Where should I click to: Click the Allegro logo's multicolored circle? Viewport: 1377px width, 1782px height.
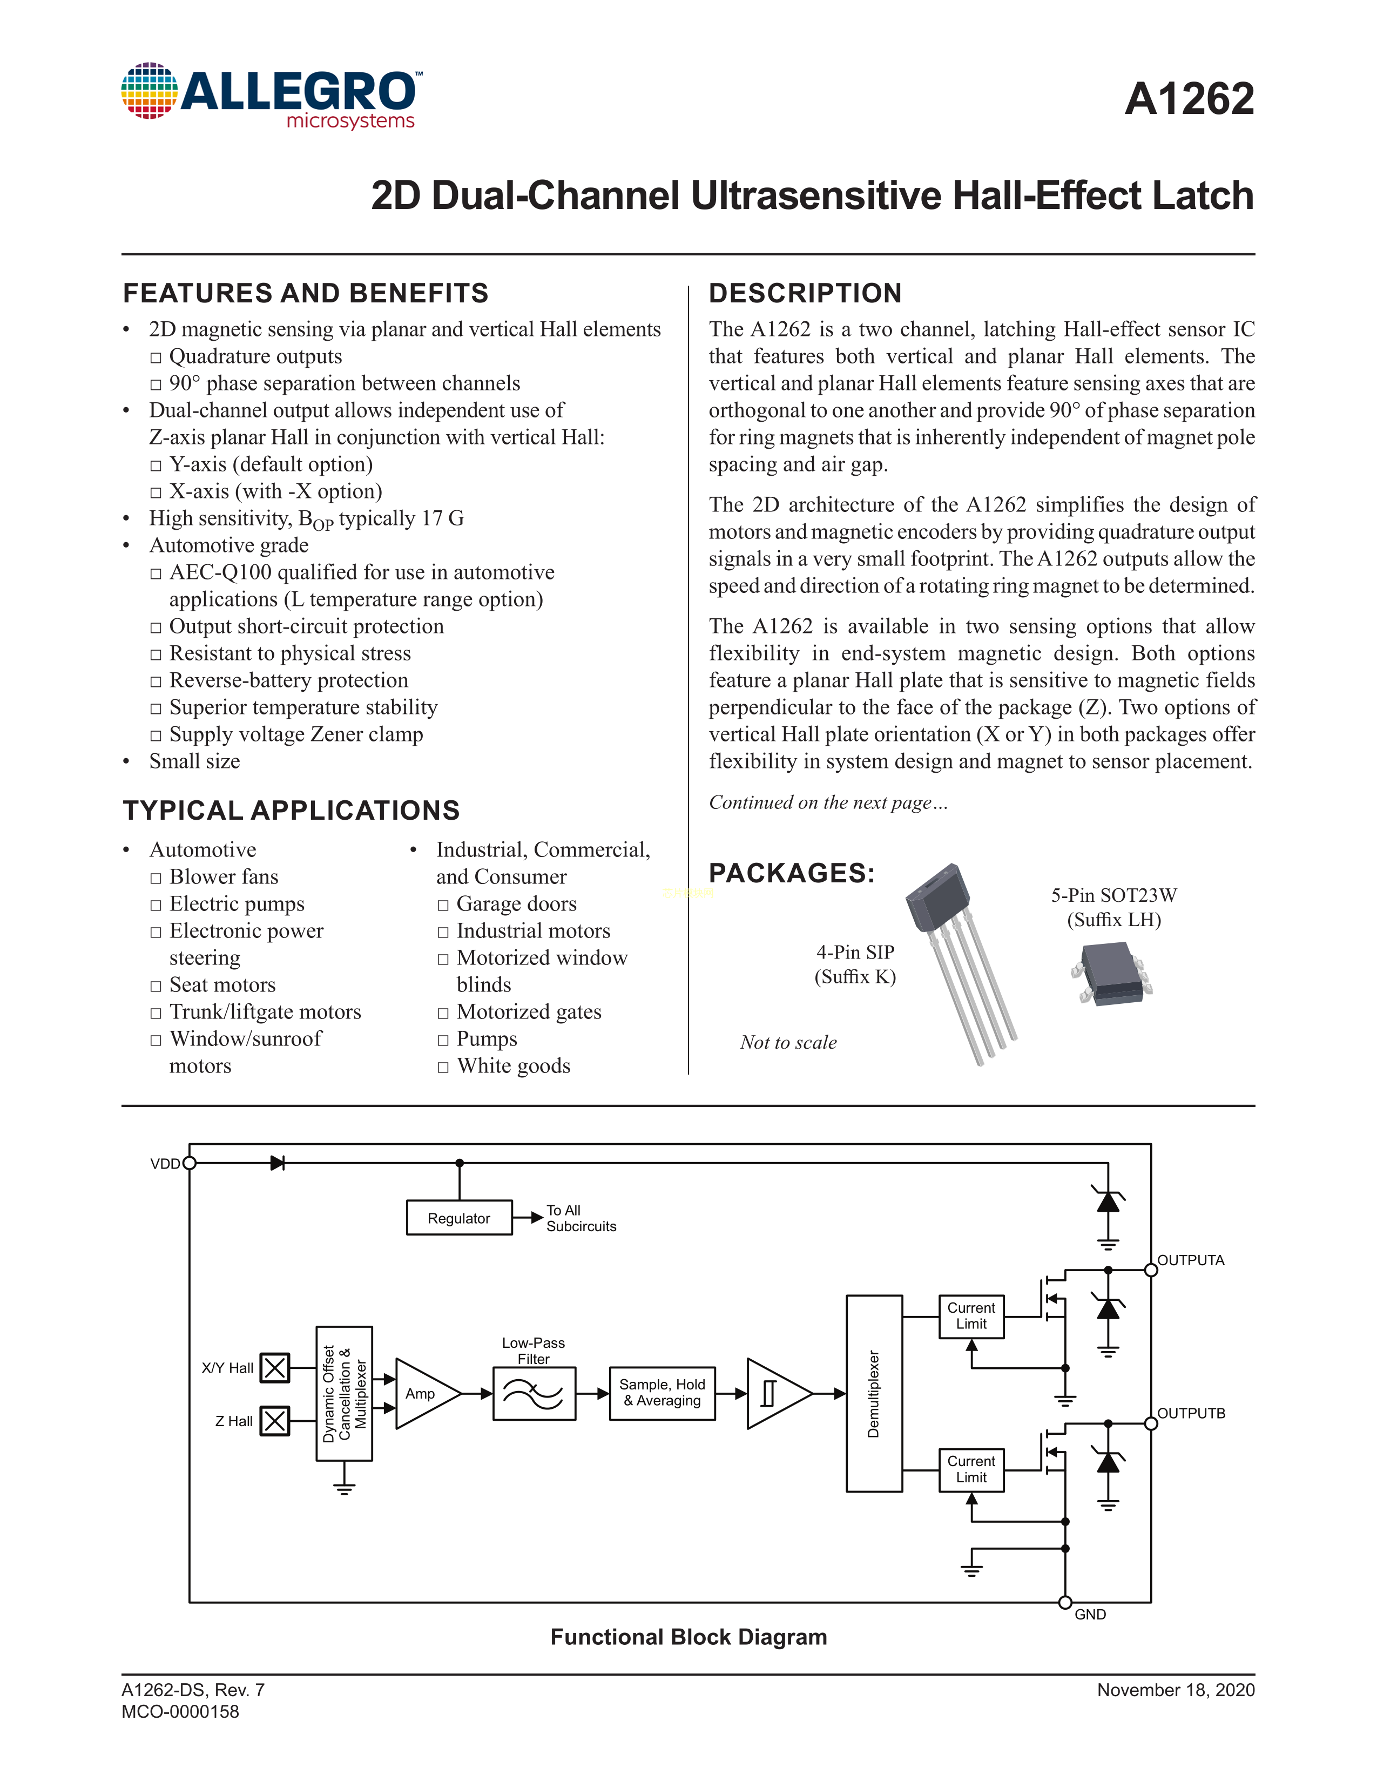click(149, 91)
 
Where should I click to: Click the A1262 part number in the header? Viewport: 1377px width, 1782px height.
click(1189, 99)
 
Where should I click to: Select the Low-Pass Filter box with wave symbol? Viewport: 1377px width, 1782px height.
click(534, 1394)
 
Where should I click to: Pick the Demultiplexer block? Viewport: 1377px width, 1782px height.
click(874, 1394)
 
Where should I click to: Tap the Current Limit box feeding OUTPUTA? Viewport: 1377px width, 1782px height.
click(971, 1316)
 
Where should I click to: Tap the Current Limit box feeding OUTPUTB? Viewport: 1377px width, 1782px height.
click(971, 1469)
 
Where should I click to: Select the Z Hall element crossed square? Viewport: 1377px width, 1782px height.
click(275, 1421)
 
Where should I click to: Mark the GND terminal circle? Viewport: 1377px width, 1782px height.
click(1064, 1603)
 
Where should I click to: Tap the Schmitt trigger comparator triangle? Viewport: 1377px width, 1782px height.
click(775, 1394)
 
